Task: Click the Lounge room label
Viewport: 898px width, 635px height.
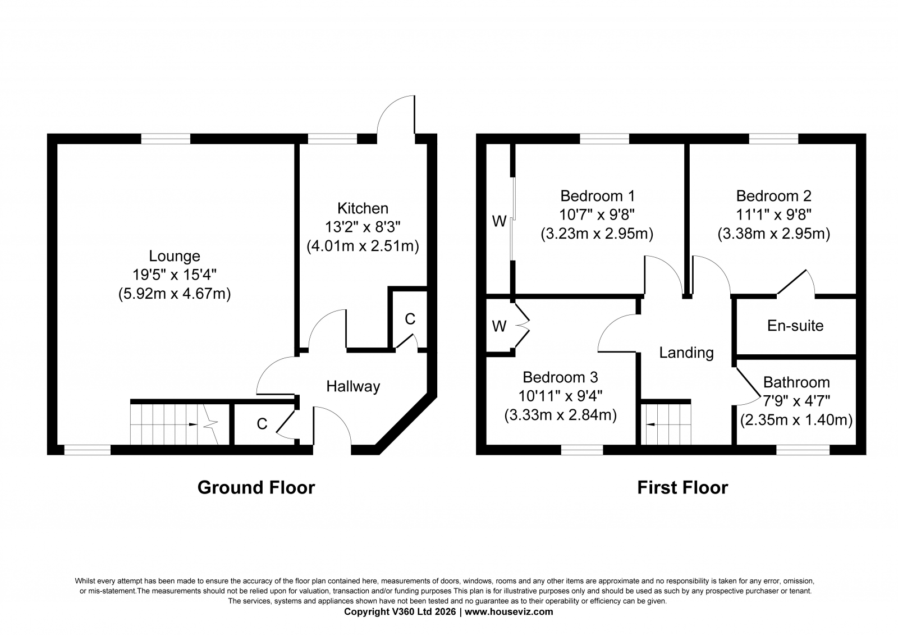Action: pos(175,256)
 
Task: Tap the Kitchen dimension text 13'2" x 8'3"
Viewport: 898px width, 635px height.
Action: pos(363,227)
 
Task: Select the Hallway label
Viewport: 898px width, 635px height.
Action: pos(353,386)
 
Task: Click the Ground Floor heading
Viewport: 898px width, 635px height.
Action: pos(256,487)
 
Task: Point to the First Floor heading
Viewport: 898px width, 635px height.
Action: pos(682,487)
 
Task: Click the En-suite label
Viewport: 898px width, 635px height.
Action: pos(795,326)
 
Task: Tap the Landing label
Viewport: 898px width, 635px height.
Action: pos(686,353)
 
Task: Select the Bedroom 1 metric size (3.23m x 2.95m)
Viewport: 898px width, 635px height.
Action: pos(597,234)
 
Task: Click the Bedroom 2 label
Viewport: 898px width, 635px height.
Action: pos(774,196)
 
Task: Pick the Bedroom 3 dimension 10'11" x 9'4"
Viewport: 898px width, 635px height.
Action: pos(561,396)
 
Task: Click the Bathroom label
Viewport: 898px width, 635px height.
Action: pos(796,382)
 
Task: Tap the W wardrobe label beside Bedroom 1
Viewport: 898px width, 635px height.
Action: pos(499,221)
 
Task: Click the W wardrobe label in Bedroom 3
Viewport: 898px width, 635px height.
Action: pos(499,327)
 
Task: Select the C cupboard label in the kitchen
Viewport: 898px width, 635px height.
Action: pos(410,319)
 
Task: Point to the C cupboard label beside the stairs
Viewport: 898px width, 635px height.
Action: pos(262,423)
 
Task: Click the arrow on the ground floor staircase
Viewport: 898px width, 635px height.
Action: pos(193,424)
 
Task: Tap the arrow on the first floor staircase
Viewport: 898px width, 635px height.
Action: pos(650,424)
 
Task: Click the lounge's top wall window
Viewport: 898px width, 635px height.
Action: pos(166,139)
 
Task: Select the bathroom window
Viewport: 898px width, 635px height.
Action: pos(803,450)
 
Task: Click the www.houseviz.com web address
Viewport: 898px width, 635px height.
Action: pos(508,612)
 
